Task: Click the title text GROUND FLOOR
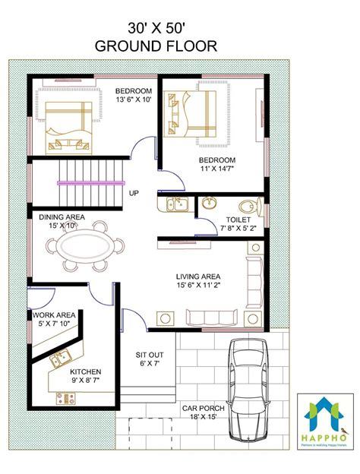(x=156, y=46)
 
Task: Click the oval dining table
(x=84, y=248)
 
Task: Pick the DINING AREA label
(x=62, y=216)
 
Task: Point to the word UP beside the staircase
(x=134, y=194)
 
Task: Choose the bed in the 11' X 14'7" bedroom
(x=190, y=114)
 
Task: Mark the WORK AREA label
(x=52, y=314)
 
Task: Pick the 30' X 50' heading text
(x=156, y=27)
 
